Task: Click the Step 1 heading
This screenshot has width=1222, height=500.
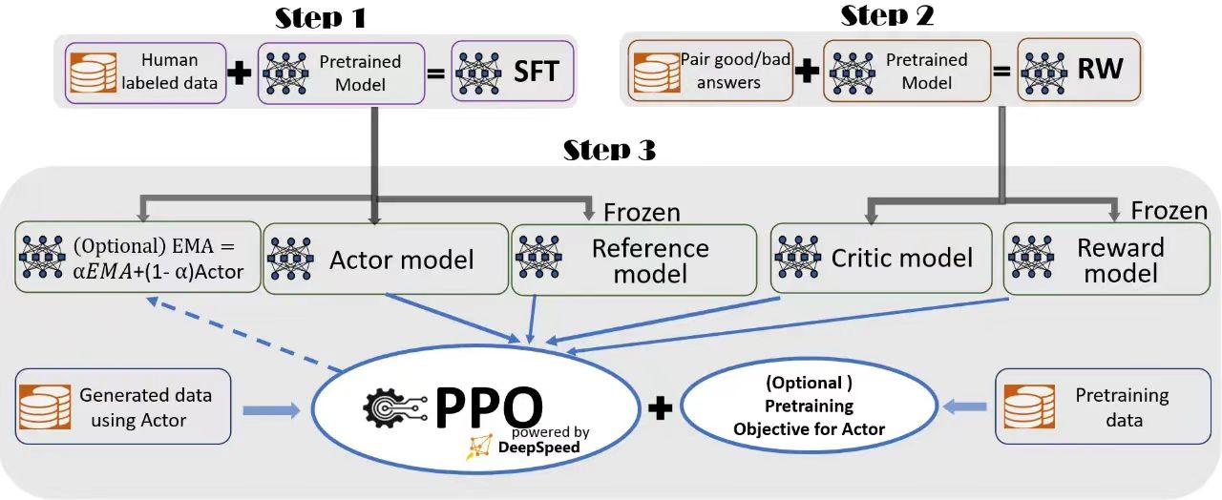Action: click(320, 18)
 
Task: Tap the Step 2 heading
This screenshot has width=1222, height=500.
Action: click(887, 16)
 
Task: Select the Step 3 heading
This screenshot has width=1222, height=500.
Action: click(609, 150)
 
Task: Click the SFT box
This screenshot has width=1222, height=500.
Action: click(513, 72)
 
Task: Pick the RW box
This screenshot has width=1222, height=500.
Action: click(1079, 70)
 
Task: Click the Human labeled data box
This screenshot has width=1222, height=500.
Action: click(145, 73)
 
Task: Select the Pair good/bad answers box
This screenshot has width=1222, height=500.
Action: click(709, 71)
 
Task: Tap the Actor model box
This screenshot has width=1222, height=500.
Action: click(386, 259)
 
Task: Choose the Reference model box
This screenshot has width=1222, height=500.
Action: click(634, 260)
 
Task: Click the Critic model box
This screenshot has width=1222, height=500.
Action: click(881, 258)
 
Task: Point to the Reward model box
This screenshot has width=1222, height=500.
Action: click(1106, 259)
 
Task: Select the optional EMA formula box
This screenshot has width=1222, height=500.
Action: click(137, 257)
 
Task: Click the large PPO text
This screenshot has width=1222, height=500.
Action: click(489, 406)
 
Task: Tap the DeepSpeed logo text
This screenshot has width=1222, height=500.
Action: click(538, 448)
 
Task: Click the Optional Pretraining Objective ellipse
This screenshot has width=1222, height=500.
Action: click(809, 406)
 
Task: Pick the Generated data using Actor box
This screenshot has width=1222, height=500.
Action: click(123, 406)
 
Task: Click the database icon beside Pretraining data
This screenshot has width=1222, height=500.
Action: click(1029, 406)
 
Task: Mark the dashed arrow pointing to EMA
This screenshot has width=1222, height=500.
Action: click(244, 334)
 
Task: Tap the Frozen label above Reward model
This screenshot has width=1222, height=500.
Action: click(1169, 211)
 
